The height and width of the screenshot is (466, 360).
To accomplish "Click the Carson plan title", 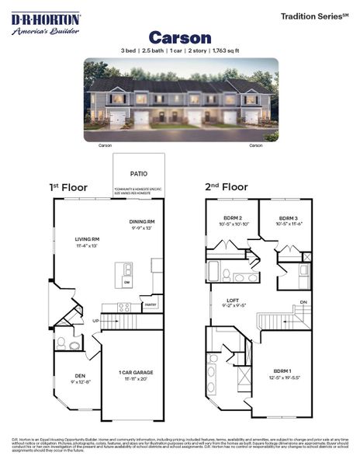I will click(x=179, y=37).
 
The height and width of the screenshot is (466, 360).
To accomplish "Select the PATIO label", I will click(x=139, y=174).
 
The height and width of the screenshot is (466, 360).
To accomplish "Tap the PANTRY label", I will click(x=151, y=305).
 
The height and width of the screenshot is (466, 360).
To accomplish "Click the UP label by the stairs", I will click(x=95, y=320).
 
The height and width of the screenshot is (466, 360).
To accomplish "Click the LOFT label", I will click(x=233, y=300).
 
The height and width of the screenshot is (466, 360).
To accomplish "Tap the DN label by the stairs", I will click(x=303, y=301).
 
